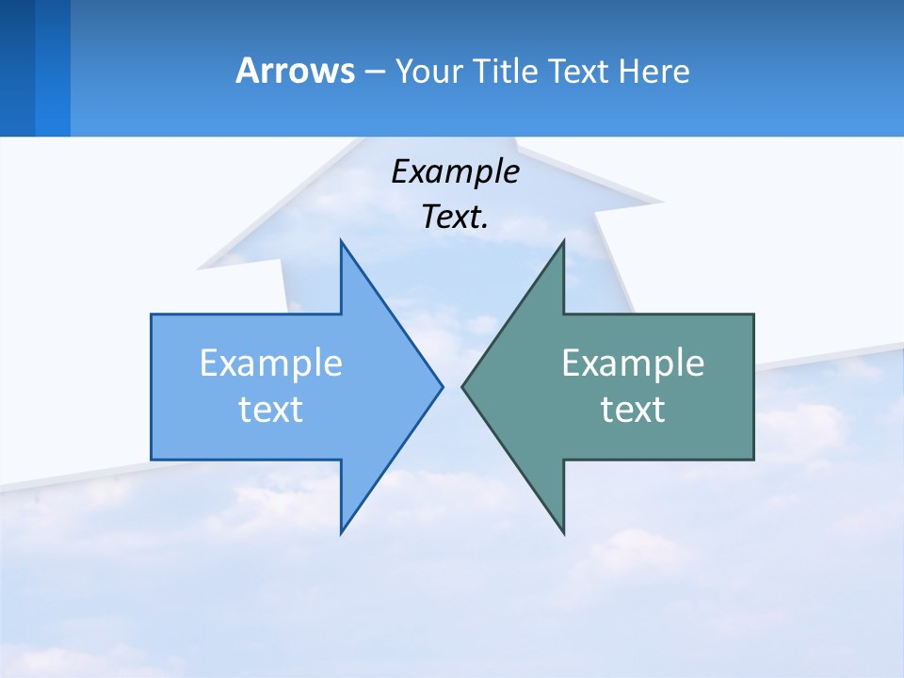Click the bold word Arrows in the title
tap(294, 71)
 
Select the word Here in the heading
tap(654, 71)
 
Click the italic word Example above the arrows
tap(455, 171)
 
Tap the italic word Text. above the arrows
tap(455, 217)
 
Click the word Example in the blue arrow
tap(271, 363)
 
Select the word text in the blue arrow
tap(271, 409)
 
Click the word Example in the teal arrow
tap(633, 363)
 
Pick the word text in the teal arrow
tap(633, 409)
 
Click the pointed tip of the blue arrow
tap(441, 386)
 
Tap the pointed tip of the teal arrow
tap(464, 386)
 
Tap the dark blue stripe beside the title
tap(17, 68)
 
